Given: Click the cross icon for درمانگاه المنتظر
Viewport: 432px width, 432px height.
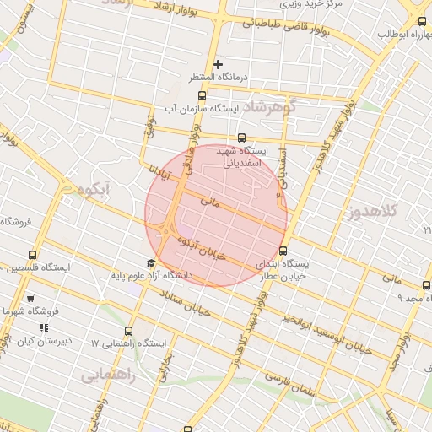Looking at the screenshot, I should coord(218,64).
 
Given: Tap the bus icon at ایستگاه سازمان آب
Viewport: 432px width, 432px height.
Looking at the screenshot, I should coord(200,94).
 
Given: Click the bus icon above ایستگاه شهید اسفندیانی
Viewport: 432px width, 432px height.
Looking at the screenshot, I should coord(241,138).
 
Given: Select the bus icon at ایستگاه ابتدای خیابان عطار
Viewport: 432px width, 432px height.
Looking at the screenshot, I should coord(283,251).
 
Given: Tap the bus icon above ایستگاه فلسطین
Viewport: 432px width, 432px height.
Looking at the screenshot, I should coord(33,255).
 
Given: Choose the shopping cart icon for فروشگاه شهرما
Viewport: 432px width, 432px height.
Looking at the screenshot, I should coord(31,299).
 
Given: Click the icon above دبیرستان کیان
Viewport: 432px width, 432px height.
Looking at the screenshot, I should coord(44,327).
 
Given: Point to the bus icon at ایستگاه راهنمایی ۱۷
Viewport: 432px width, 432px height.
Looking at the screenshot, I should coord(128,331).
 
